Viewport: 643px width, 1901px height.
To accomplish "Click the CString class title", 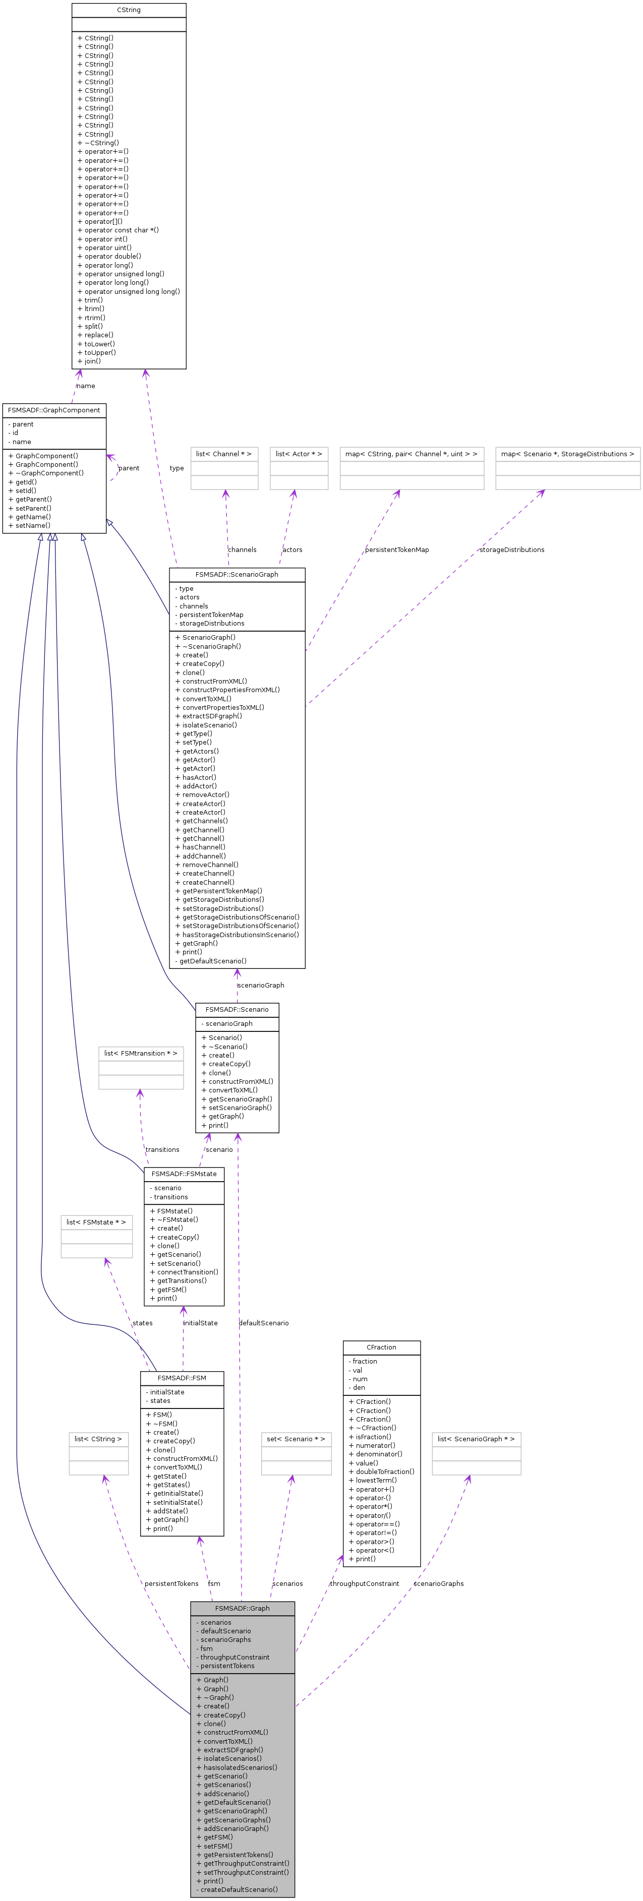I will tap(129, 10).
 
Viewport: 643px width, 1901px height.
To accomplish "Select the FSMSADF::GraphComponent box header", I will tap(54, 410).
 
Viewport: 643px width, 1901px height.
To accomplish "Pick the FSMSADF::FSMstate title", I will tap(184, 1174).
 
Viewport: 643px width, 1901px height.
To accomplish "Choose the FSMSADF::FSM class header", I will tap(182, 1378).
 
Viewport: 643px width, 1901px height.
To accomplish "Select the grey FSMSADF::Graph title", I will tap(242, 1608).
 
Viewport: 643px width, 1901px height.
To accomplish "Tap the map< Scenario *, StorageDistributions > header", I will tap(567, 454).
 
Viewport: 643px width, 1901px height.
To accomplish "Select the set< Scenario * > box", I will tap(296, 1439).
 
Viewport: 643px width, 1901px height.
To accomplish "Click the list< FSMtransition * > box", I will tap(140, 1053).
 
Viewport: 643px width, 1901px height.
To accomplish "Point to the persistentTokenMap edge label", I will tap(396, 550).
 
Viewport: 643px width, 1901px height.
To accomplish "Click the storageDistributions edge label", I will tap(511, 550).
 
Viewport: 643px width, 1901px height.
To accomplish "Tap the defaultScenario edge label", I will tap(264, 1323).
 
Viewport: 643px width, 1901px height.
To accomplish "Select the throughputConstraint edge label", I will tap(364, 1584).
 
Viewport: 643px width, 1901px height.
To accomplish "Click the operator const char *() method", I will tap(118, 230).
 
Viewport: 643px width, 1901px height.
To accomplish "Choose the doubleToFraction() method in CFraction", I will tap(379, 1471).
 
